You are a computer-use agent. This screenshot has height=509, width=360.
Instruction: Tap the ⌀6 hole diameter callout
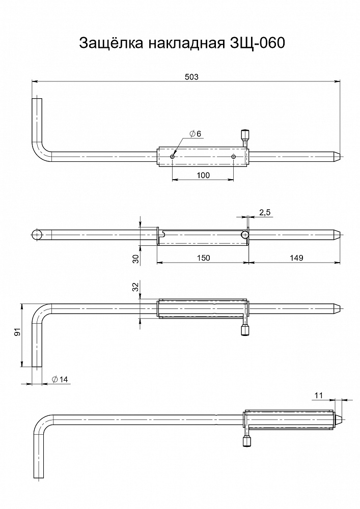coord(195,134)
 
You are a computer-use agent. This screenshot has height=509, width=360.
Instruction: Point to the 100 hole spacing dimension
coord(203,175)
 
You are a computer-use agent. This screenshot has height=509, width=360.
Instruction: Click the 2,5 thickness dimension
coord(265,212)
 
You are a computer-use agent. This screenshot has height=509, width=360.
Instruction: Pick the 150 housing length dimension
coord(203,258)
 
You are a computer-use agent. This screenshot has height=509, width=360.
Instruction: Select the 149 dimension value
coord(295,258)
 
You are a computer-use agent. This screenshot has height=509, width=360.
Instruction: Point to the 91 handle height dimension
coord(17,333)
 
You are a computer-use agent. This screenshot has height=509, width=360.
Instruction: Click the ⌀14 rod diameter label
coord(60,379)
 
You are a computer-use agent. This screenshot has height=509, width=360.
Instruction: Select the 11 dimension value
coord(319,394)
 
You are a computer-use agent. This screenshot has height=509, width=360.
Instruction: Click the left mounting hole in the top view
coord(173,157)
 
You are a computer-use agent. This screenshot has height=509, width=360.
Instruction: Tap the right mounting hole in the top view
coord(233,157)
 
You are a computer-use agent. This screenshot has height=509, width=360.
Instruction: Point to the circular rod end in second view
coord(37,235)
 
